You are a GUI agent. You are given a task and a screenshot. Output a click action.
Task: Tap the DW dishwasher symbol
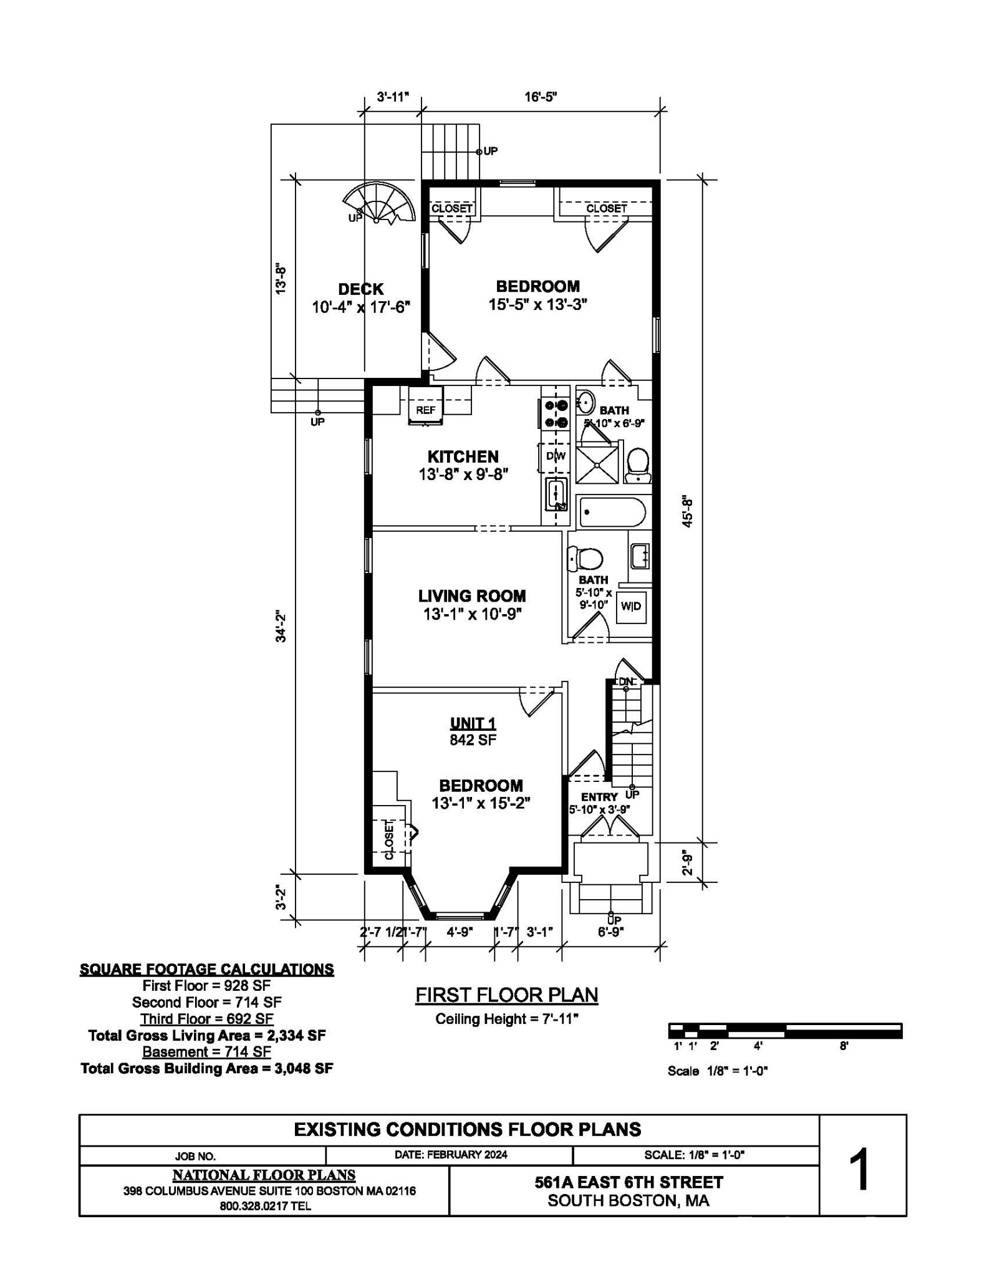click(x=556, y=456)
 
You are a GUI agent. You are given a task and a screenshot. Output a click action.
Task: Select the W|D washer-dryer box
click(x=631, y=606)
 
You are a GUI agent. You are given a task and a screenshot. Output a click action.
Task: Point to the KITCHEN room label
click(x=463, y=456)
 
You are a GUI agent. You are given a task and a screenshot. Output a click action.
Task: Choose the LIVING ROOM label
click(x=472, y=596)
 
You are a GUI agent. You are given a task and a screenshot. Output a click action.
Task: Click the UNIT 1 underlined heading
click(x=473, y=723)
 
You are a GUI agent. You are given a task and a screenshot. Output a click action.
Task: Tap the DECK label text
click(x=361, y=289)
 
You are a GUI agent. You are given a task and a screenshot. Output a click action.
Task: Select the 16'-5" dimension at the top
click(x=541, y=97)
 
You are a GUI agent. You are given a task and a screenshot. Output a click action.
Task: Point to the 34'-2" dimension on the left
click(x=281, y=627)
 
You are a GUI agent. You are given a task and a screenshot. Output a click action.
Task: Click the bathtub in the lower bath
click(x=612, y=513)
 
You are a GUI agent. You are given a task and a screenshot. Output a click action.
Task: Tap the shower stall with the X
click(x=597, y=462)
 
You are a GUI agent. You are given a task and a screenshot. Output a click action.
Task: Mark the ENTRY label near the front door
click(x=599, y=797)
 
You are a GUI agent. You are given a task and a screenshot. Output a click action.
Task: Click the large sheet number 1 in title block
click(x=861, y=1172)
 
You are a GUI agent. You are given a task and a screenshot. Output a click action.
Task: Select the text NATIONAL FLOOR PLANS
click(x=264, y=1175)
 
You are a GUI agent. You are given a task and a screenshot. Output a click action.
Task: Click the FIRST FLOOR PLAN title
click(x=507, y=995)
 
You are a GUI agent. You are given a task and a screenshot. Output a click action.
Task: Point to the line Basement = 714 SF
click(x=207, y=1052)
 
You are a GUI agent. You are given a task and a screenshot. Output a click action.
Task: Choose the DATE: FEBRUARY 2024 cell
click(x=451, y=1154)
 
